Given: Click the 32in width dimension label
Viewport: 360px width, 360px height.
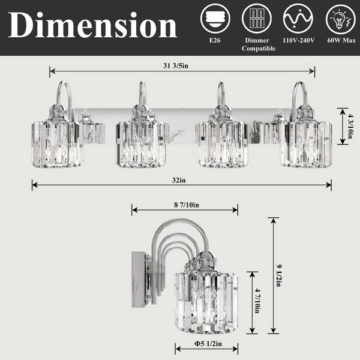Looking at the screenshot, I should [x=182, y=179].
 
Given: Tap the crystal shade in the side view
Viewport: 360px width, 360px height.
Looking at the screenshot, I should [x=208, y=300].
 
